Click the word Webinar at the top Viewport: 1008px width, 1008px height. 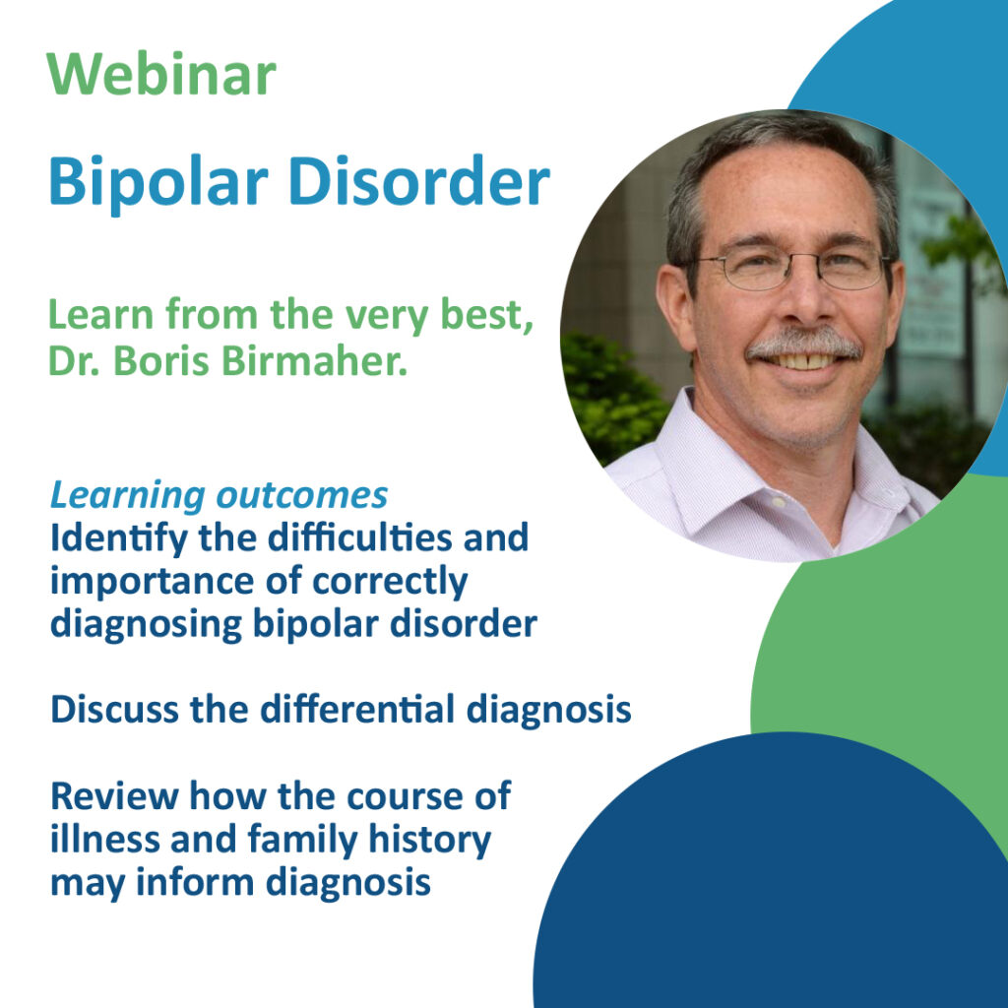(x=161, y=76)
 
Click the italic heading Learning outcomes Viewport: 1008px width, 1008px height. (x=219, y=495)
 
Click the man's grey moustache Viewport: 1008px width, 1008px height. (x=802, y=345)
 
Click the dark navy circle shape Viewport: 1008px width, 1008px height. (x=778, y=886)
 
